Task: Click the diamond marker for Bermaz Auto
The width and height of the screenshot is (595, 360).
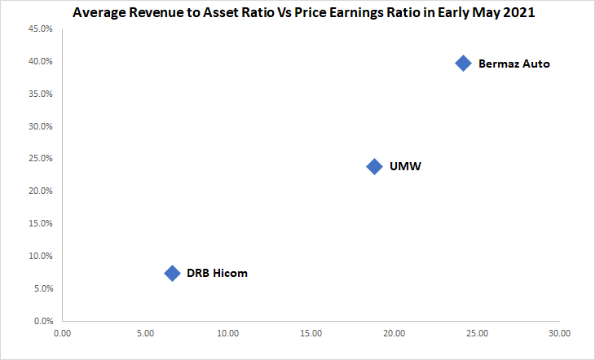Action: pyautogui.click(x=463, y=64)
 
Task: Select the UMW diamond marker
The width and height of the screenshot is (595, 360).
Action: pyautogui.click(x=374, y=166)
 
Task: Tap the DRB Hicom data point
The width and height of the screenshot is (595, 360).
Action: pyautogui.click(x=172, y=273)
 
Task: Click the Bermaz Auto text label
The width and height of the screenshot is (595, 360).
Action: pyautogui.click(x=513, y=64)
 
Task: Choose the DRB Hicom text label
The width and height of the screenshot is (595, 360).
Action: pyautogui.click(x=217, y=273)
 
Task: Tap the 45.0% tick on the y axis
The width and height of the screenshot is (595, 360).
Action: pyautogui.click(x=42, y=29)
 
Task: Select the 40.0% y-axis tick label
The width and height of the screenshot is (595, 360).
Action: pyautogui.click(x=42, y=62)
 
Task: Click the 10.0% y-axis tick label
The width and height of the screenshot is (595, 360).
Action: pyautogui.click(x=42, y=257)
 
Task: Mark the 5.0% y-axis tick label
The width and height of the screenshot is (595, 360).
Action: pyautogui.click(x=43, y=288)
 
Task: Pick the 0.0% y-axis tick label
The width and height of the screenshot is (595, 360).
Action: pyautogui.click(x=43, y=321)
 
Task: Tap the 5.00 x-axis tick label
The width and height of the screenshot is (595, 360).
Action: pyautogui.click(x=145, y=333)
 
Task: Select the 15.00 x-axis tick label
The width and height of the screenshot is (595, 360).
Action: pyautogui.click(x=311, y=333)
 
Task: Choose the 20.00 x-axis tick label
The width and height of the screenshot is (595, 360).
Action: pyautogui.click(x=394, y=333)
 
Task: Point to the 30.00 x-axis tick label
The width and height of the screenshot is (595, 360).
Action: pyautogui.click(x=559, y=333)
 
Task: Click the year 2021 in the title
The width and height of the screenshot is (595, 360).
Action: pyautogui.click(x=518, y=13)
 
